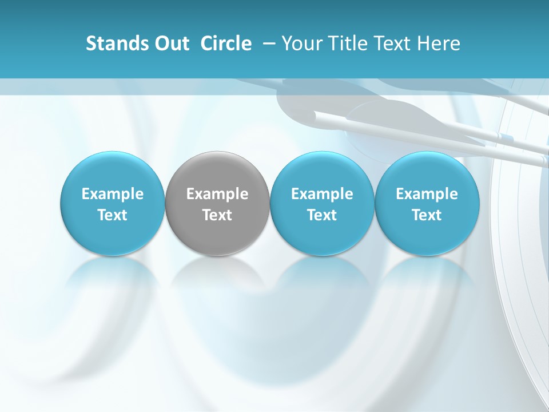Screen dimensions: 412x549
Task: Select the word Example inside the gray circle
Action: pyautogui.click(x=217, y=194)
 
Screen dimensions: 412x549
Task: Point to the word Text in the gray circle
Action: pyautogui.click(x=217, y=215)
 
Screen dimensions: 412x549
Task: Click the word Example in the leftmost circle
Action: pyautogui.click(x=113, y=194)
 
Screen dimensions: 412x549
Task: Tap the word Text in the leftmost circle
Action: pyautogui.click(x=113, y=215)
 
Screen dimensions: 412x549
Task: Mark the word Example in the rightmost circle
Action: pyautogui.click(x=427, y=194)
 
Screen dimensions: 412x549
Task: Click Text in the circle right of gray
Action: pyautogui.click(x=322, y=215)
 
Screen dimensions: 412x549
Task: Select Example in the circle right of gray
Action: pyautogui.click(x=322, y=194)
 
